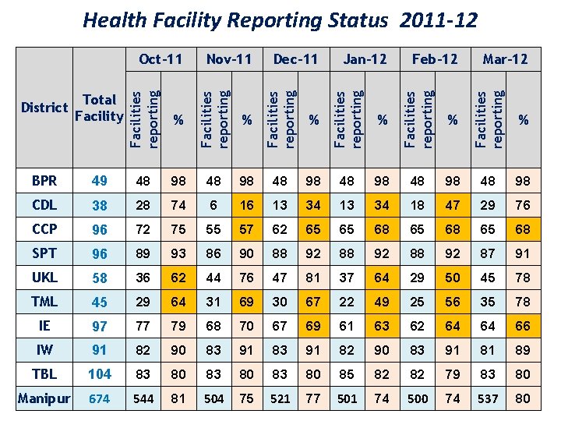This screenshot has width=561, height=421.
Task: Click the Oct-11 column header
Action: (160, 58)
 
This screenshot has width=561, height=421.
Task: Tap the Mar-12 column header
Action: (505, 58)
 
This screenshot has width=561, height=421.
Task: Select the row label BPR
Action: (44, 181)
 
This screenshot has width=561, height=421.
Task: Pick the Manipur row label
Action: (44, 398)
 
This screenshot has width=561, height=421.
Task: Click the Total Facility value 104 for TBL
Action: (99, 373)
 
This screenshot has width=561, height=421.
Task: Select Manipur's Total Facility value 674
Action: (99, 398)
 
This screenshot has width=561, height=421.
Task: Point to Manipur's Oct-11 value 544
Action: (143, 398)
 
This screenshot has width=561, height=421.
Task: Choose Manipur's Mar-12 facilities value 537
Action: (487, 398)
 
